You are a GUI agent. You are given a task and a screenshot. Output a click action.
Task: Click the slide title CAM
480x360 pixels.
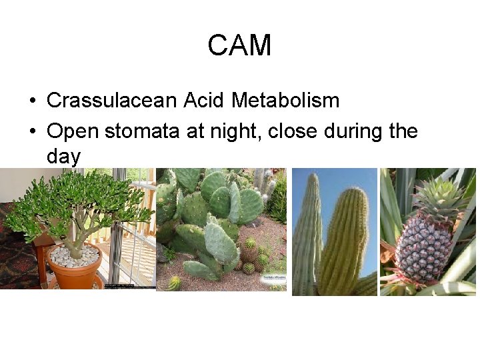(239, 46)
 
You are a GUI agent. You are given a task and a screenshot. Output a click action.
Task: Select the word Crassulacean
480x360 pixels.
(111, 101)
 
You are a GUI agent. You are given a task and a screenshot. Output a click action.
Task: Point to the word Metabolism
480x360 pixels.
(285, 101)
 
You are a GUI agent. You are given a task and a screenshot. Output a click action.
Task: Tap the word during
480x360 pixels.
(353, 131)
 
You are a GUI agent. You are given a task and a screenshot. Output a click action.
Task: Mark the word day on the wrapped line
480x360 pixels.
(63, 157)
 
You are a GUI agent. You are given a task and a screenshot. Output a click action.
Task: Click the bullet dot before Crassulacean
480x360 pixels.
(32, 101)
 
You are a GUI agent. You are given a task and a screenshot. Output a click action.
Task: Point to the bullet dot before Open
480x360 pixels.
(32, 132)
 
